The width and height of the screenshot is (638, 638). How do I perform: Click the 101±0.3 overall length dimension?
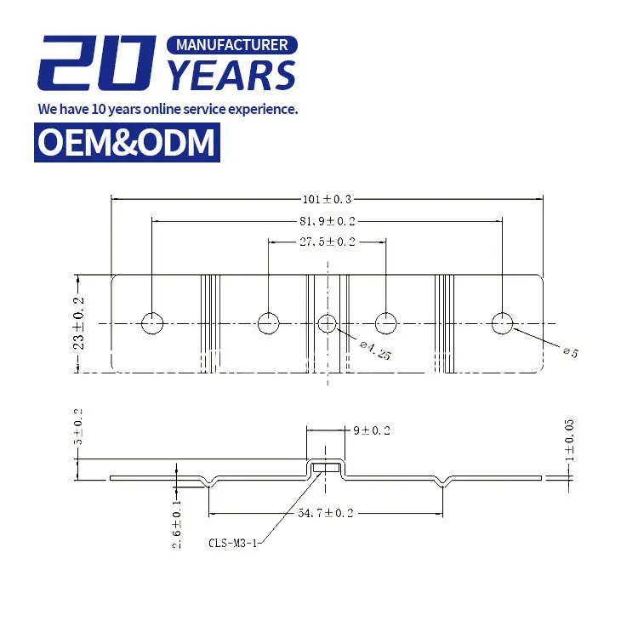[x=327, y=199]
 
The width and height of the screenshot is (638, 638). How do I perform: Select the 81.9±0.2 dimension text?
[x=327, y=221]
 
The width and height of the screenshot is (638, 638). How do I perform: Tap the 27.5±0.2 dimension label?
[x=327, y=242]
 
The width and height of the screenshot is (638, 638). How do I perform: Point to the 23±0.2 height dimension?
[x=79, y=324]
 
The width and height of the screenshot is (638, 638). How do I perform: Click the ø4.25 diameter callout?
[x=375, y=350]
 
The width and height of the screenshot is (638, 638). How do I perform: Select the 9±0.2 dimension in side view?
[x=371, y=430]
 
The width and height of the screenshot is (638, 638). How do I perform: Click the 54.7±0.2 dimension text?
[x=327, y=513]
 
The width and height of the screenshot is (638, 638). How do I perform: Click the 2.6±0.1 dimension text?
[x=176, y=525]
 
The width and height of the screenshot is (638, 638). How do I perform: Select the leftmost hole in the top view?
[x=152, y=323]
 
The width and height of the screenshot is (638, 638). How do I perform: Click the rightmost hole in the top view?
[x=503, y=323]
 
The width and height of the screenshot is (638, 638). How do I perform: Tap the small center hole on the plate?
[x=328, y=323]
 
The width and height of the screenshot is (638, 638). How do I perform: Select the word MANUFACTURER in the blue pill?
[x=231, y=44]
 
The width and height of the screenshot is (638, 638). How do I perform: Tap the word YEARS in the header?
[x=231, y=77]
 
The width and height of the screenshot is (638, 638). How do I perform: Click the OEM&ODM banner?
[x=127, y=142]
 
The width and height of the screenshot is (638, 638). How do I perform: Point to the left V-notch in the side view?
[x=210, y=482]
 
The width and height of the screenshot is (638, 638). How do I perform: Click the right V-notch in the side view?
[x=442, y=482]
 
